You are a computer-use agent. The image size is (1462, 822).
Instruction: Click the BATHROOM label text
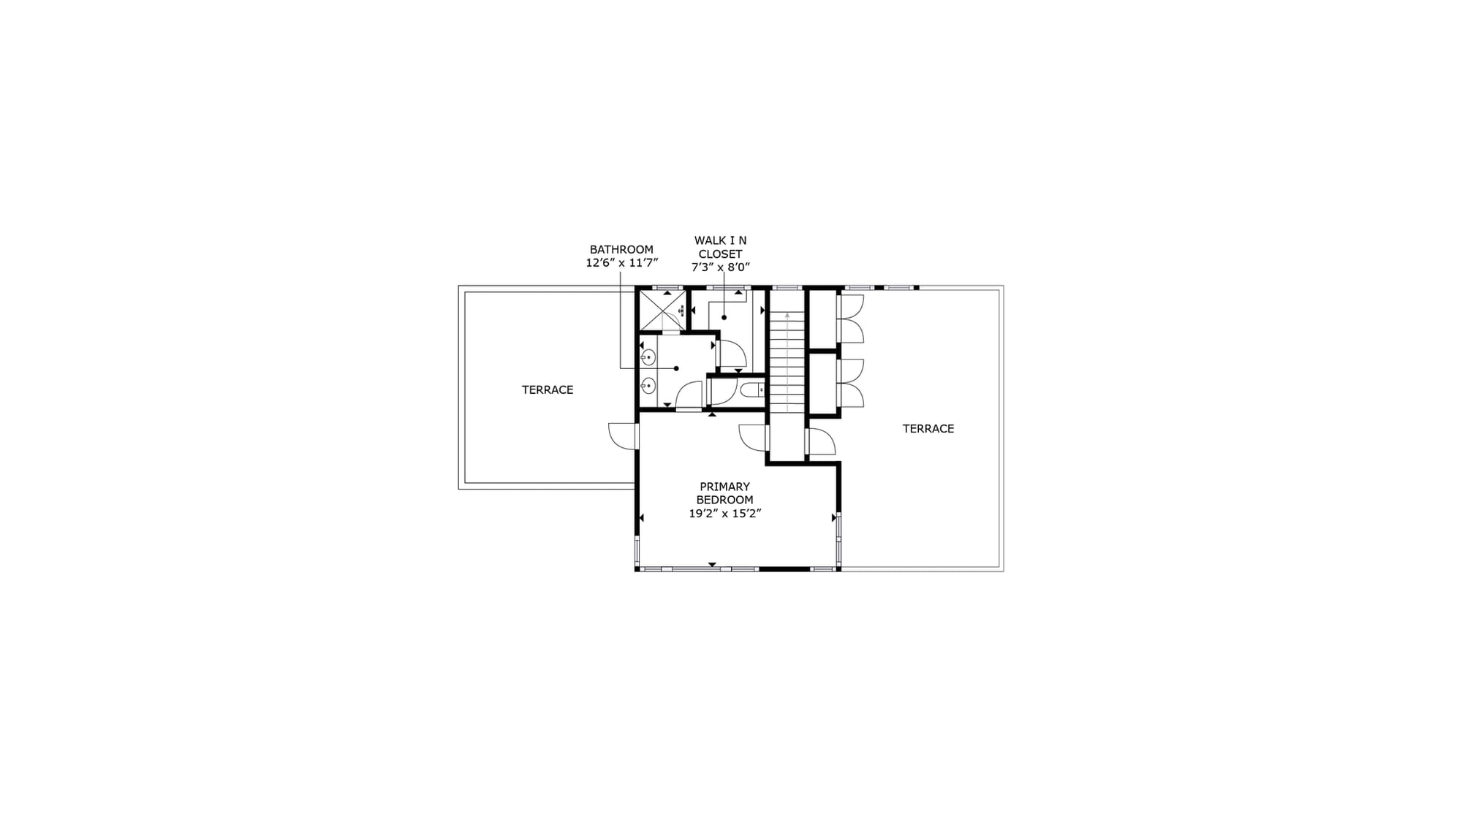[621, 250]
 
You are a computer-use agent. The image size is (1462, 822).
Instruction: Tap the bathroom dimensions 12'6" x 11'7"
[622, 263]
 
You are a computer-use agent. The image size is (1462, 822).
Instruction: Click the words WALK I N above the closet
[720, 240]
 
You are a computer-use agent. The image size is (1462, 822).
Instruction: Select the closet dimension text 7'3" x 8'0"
[721, 267]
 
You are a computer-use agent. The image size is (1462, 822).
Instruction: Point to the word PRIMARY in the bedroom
[724, 487]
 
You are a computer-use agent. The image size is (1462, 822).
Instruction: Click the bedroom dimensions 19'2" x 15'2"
[725, 514]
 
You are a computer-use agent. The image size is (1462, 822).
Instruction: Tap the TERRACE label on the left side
[548, 390]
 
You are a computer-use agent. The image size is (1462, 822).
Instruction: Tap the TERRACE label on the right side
[928, 429]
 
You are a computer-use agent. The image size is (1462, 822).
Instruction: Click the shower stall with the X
[662, 311]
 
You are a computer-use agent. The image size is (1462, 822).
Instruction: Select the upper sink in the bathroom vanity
[648, 357]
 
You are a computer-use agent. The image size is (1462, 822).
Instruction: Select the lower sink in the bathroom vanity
[648, 386]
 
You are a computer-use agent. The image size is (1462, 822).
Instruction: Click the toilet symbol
[752, 390]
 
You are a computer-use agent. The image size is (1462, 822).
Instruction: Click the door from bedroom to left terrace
[623, 436]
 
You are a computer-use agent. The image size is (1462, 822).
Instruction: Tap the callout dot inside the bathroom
[677, 368]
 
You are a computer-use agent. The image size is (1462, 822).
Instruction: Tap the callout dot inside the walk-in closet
[724, 317]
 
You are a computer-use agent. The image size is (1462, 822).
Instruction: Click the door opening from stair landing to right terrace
[820, 442]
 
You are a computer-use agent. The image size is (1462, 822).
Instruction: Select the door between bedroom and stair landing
[754, 438]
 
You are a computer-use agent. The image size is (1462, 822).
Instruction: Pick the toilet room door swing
[722, 391]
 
